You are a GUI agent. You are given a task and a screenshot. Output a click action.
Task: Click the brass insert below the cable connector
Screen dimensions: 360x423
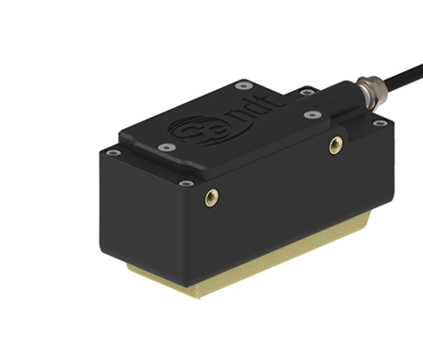click(334, 145)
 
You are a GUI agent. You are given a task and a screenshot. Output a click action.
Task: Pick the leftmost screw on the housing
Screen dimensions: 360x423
click(112, 153)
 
